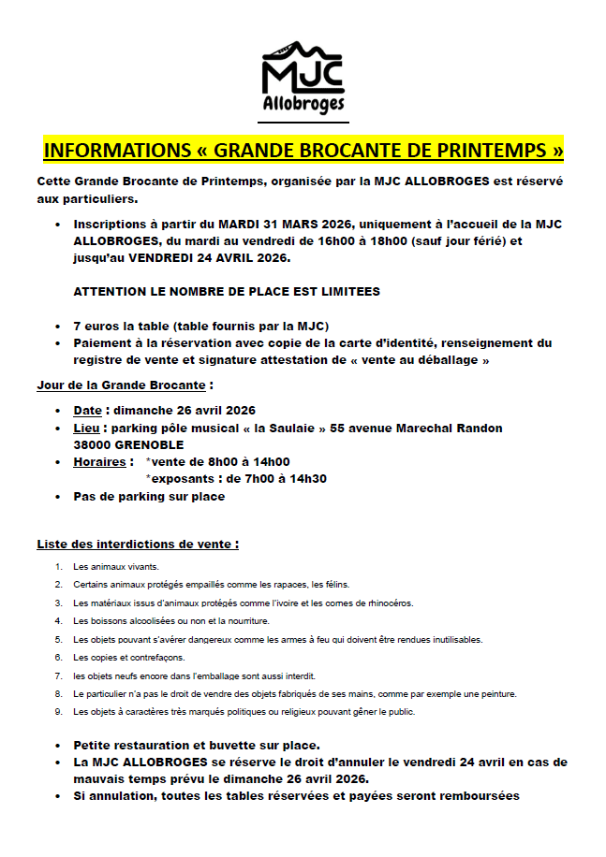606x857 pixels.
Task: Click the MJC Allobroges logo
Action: (x=303, y=80)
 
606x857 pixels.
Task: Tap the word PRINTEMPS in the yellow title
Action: (x=488, y=150)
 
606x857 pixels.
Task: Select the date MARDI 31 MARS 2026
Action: (x=283, y=225)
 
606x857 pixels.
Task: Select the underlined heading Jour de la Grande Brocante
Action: (x=122, y=385)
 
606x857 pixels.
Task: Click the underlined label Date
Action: (x=87, y=410)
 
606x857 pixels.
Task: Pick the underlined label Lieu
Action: (x=87, y=428)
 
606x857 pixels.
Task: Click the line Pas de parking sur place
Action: (x=149, y=496)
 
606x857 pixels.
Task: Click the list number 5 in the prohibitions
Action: (x=58, y=640)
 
